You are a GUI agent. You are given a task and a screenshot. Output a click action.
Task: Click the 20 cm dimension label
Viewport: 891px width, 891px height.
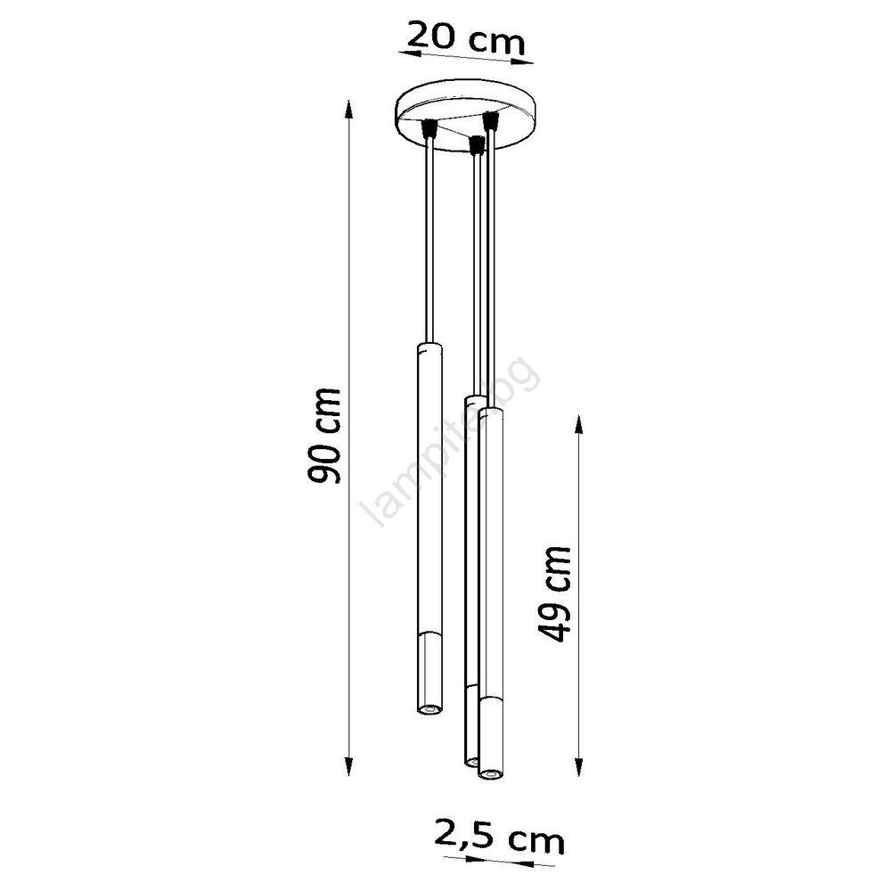[466, 37]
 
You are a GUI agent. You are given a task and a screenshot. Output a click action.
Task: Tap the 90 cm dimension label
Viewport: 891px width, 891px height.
[324, 436]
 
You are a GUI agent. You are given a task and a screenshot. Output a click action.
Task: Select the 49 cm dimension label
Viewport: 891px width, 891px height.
[554, 593]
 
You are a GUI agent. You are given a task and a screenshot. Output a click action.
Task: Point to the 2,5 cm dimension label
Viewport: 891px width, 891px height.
[500, 837]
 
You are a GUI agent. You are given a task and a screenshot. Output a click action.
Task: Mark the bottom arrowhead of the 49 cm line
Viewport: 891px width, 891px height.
[578, 766]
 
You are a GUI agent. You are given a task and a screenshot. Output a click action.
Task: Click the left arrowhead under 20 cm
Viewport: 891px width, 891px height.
[409, 53]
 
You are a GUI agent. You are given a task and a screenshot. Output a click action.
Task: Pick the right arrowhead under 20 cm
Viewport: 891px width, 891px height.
[523, 61]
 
